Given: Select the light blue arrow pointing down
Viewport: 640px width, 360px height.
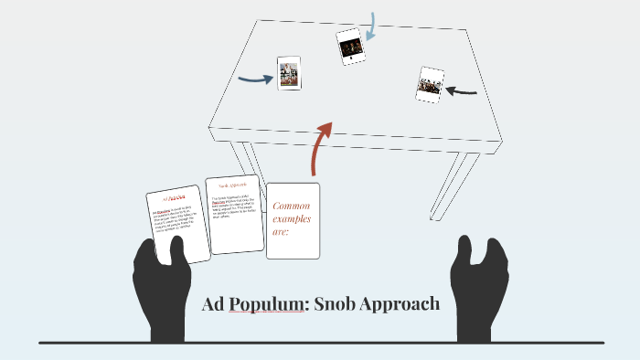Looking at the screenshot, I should click(x=370, y=27).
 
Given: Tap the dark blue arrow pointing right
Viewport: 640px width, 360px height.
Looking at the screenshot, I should click(x=255, y=79).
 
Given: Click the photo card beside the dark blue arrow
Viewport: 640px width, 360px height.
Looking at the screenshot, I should click(x=289, y=73).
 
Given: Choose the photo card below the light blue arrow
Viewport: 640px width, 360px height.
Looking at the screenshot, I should click(x=350, y=46).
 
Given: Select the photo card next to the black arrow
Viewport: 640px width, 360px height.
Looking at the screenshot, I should click(x=430, y=83).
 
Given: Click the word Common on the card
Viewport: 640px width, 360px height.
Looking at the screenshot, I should click(x=293, y=206).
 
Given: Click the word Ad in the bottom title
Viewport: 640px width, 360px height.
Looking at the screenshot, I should click(x=212, y=304).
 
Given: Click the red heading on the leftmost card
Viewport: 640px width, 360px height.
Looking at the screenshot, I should click(x=175, y=196).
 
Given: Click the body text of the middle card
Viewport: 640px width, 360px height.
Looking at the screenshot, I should click(x=235, y=208).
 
